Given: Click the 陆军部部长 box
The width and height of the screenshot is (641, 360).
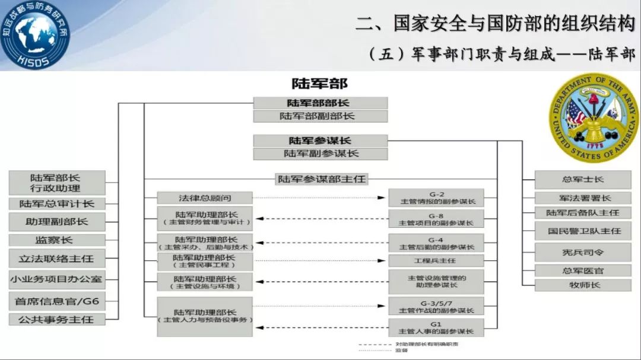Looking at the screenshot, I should (x=320, y=103).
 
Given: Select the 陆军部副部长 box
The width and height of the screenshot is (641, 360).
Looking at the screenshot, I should (x=320, y=116).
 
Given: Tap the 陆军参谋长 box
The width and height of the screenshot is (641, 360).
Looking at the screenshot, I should (x=320, y=141).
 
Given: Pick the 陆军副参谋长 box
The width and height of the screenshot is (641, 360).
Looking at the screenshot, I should (x=320, y=154).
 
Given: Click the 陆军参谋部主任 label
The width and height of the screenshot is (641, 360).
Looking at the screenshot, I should (x=322, y=179).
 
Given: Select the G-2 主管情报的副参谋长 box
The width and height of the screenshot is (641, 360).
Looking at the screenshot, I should (x=436, y=198).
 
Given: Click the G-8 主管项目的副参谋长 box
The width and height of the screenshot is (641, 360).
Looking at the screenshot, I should (x=436, y=219).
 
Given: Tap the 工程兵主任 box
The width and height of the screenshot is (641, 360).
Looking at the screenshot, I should (x=436, y=261).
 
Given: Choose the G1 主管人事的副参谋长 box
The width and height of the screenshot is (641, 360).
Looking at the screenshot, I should (x=436, y=327).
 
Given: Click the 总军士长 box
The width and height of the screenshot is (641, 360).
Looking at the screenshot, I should (x=582, y=179).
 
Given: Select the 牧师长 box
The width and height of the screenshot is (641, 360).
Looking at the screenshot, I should (x=582, y=285).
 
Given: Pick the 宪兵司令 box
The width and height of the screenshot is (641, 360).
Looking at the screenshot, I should (x=582, y=252).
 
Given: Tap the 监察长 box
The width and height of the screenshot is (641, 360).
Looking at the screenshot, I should (x=57, y=240).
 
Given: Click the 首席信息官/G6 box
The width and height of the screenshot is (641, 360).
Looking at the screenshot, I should (x=57, y=301).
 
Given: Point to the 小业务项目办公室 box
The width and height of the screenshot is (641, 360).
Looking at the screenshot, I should (x=57, y=279).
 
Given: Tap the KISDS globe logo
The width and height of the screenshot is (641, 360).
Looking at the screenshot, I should (x=34, y=34).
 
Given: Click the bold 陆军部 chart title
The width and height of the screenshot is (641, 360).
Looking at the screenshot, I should (x=319, y=83).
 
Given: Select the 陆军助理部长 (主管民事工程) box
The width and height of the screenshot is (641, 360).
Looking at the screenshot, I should (x=205, y=261).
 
